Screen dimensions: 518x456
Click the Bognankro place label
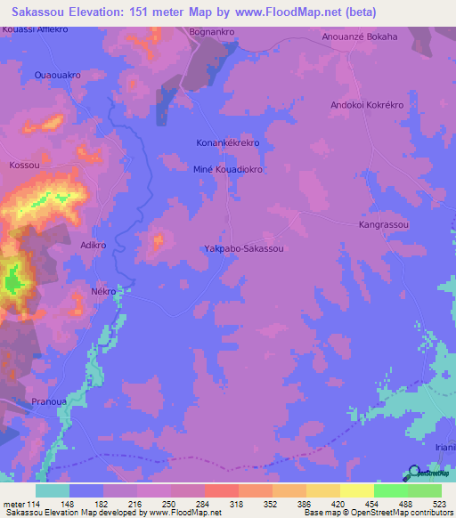tap(212, 32)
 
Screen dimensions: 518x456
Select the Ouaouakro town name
tap(57, 76)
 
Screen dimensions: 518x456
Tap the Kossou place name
tap(25, 166)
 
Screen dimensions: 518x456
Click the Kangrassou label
tap(384, 225)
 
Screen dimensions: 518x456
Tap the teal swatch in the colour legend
tap(53, 490)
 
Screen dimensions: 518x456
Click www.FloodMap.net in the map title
tap(291, 12)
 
